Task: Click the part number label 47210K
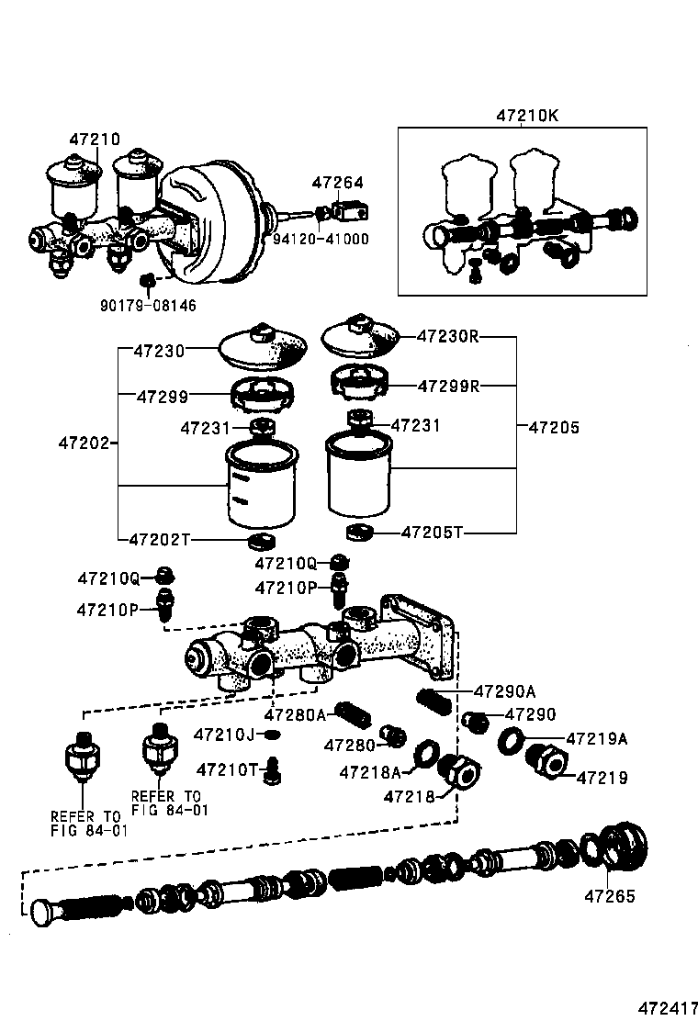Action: point(527,117)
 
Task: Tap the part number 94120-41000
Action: point(321,239)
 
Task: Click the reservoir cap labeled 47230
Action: point(262,350)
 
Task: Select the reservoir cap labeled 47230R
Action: point(361,338)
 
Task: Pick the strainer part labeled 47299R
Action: point(361,383)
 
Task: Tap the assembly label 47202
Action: point(84,443)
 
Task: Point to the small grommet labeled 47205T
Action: point(358,533)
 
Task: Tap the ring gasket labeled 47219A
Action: point(512,739)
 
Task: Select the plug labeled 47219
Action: point(546,762)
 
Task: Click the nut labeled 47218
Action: point(458,772)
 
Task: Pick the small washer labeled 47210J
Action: point(272,735)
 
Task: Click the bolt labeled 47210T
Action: point(272,770)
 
